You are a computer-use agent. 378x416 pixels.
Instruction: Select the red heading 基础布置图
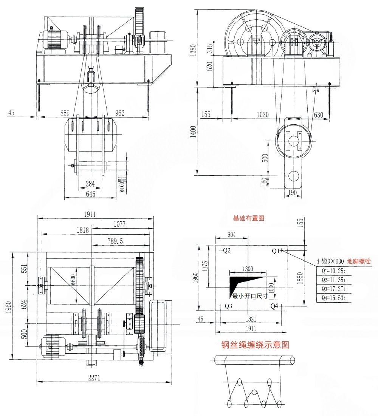pos(248,218)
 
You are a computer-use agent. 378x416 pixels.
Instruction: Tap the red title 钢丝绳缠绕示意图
pos(256,345)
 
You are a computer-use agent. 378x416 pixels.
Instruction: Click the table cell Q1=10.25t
pos(332,271)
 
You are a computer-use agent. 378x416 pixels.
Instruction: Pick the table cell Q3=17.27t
pos(332,289)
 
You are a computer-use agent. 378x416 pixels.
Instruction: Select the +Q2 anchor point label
pos(225,251)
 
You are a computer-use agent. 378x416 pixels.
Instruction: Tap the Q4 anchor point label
pos(276,306)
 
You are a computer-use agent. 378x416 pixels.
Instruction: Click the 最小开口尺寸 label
pos(250,296)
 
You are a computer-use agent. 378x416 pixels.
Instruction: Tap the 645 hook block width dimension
pos(90,194)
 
